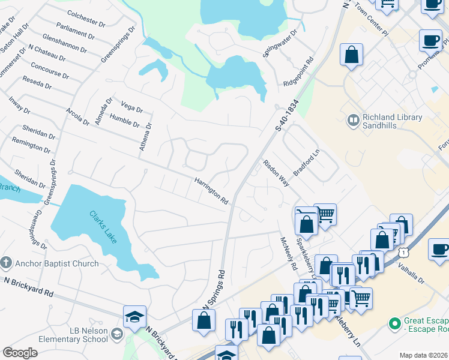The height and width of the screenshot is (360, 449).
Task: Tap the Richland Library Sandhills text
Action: pos(393,122)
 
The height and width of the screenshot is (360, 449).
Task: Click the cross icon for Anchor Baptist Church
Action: pos(6,263)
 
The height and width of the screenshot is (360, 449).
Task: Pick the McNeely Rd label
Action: pos(289,253)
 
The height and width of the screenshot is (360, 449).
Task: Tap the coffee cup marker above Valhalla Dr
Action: pos(439,248)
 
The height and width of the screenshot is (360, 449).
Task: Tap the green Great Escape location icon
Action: pos(394,325)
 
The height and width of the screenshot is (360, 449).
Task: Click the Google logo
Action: pos(20,353)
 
